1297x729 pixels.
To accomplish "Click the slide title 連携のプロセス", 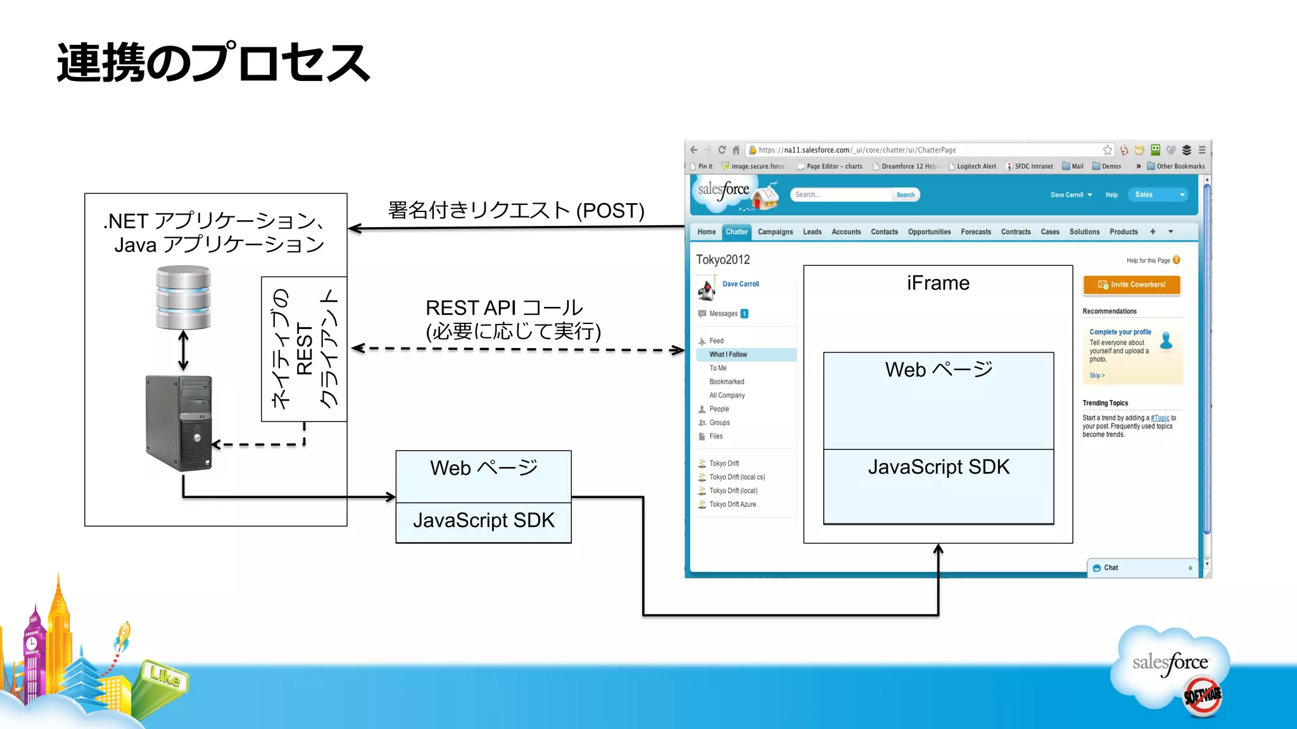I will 213,63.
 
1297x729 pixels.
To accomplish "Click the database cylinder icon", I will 184,297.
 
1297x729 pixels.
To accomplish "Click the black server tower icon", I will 179,423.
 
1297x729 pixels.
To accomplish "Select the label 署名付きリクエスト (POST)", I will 516,210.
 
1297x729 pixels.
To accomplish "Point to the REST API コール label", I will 504,308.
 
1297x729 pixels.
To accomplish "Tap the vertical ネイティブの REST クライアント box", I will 304,349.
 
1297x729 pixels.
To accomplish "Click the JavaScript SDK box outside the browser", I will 483,521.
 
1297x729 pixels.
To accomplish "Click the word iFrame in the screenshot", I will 938,283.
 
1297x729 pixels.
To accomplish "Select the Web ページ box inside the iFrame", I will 938,400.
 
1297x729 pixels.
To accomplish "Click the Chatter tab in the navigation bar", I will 737,232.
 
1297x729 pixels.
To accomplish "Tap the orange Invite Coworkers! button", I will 1132,285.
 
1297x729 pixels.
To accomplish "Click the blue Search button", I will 905,195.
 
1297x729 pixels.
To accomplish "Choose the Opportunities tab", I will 929,232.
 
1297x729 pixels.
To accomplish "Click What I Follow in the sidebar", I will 728,354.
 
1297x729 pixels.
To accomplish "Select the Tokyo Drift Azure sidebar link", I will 732,504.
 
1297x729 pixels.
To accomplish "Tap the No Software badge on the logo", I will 1202,695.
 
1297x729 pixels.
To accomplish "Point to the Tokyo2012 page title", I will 723,259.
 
